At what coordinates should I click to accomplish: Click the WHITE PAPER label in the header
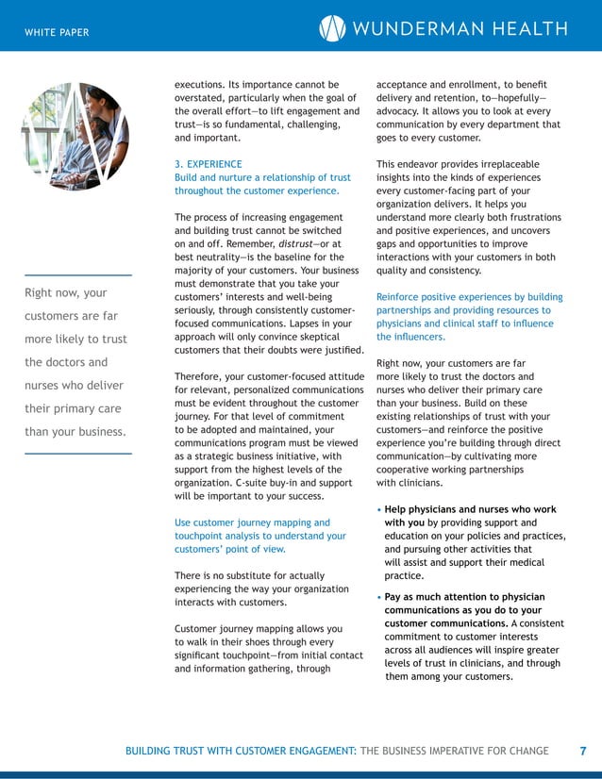point(57,33)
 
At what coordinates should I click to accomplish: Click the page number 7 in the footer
point(582,751)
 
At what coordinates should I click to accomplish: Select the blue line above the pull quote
point(77,274)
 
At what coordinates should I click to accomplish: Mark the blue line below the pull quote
point(77,454)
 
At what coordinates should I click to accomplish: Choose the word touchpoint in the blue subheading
point(201,536)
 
